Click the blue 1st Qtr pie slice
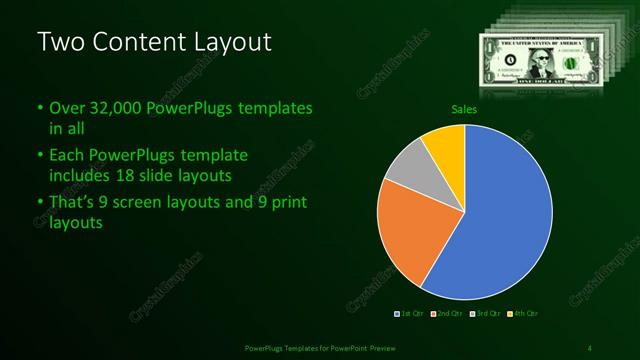pos(510,215)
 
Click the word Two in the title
pos(61,42)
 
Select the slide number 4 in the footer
pos(589,347)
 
